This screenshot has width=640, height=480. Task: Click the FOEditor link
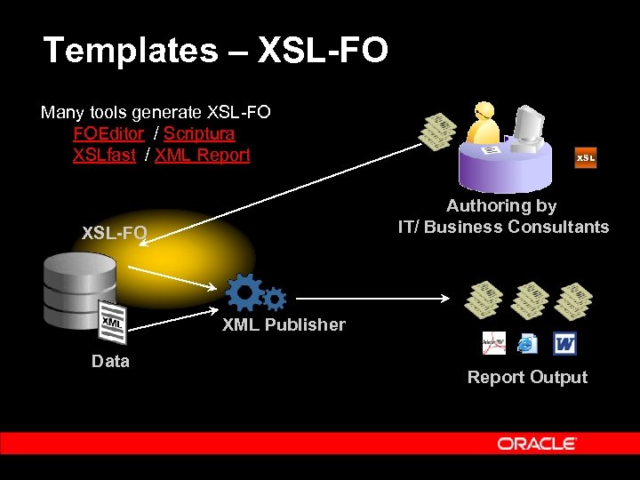(108, 134)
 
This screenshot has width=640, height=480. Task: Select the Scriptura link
(199, 134)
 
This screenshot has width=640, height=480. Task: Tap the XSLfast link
(104, 156)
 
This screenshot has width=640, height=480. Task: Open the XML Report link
(203, 156)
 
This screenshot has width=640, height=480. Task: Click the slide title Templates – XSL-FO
(215, 51)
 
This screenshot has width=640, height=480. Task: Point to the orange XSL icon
(585, 157)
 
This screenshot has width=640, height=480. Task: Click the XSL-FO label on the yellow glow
(114, 234)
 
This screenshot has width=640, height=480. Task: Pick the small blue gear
(275, 299)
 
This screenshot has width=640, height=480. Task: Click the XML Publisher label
(284, 325)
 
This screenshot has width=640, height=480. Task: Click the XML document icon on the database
(112, 323)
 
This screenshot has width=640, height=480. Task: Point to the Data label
(110, 362)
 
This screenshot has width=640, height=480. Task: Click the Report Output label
(527, 378)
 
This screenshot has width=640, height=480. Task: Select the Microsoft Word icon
(564, 342)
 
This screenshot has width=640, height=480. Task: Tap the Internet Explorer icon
(528, 342)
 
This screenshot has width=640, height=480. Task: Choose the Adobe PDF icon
(493, 342)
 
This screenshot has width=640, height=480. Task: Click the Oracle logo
(537, 444)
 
